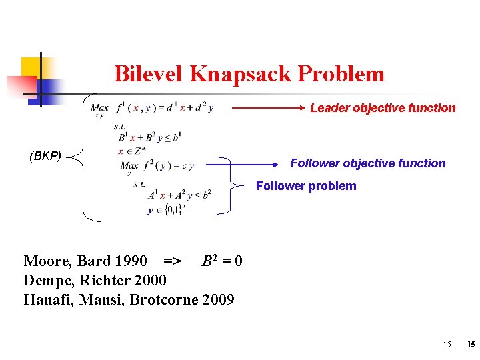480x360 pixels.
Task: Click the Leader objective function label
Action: tap(383, 108)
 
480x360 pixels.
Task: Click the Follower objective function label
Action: tap(368, 163)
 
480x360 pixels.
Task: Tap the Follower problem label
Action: tap(306, 186)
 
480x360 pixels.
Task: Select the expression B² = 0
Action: tap(222, 260)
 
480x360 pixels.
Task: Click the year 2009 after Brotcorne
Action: tap(217, 299)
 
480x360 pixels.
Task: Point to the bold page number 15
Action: tap(471, 345)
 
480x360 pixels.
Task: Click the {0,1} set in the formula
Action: tap(173, 209)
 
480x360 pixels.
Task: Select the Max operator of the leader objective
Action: tap(100, 108)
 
